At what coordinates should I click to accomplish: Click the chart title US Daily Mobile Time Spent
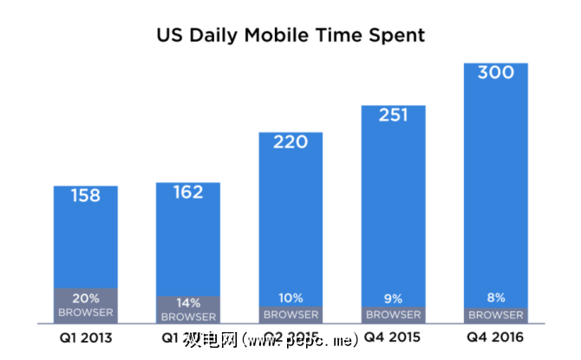[x=290, y=36]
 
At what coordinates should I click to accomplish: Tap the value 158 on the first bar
[x=86, y=195]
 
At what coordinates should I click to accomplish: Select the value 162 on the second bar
[x=188, y=192]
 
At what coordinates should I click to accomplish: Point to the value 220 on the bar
[x=290, y=141]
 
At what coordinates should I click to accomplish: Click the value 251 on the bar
[x=393, y=115]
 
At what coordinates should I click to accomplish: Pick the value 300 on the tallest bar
[x=495, y=72]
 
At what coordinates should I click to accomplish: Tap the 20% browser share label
[x=86, y=298]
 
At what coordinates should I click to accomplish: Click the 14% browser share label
[x=188, y=303]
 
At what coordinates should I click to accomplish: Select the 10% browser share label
[x=290, y=299]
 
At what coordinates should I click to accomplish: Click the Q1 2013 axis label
[x=86, y=336]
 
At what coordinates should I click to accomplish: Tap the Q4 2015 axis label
[x=393, y=336]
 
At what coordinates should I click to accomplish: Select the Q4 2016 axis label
[x=495, y=336]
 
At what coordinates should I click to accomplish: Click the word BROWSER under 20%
[x=86, y=311]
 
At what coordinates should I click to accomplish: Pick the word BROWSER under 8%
[x=495, y=314]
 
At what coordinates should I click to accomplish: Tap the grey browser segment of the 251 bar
[x=393, y=314]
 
